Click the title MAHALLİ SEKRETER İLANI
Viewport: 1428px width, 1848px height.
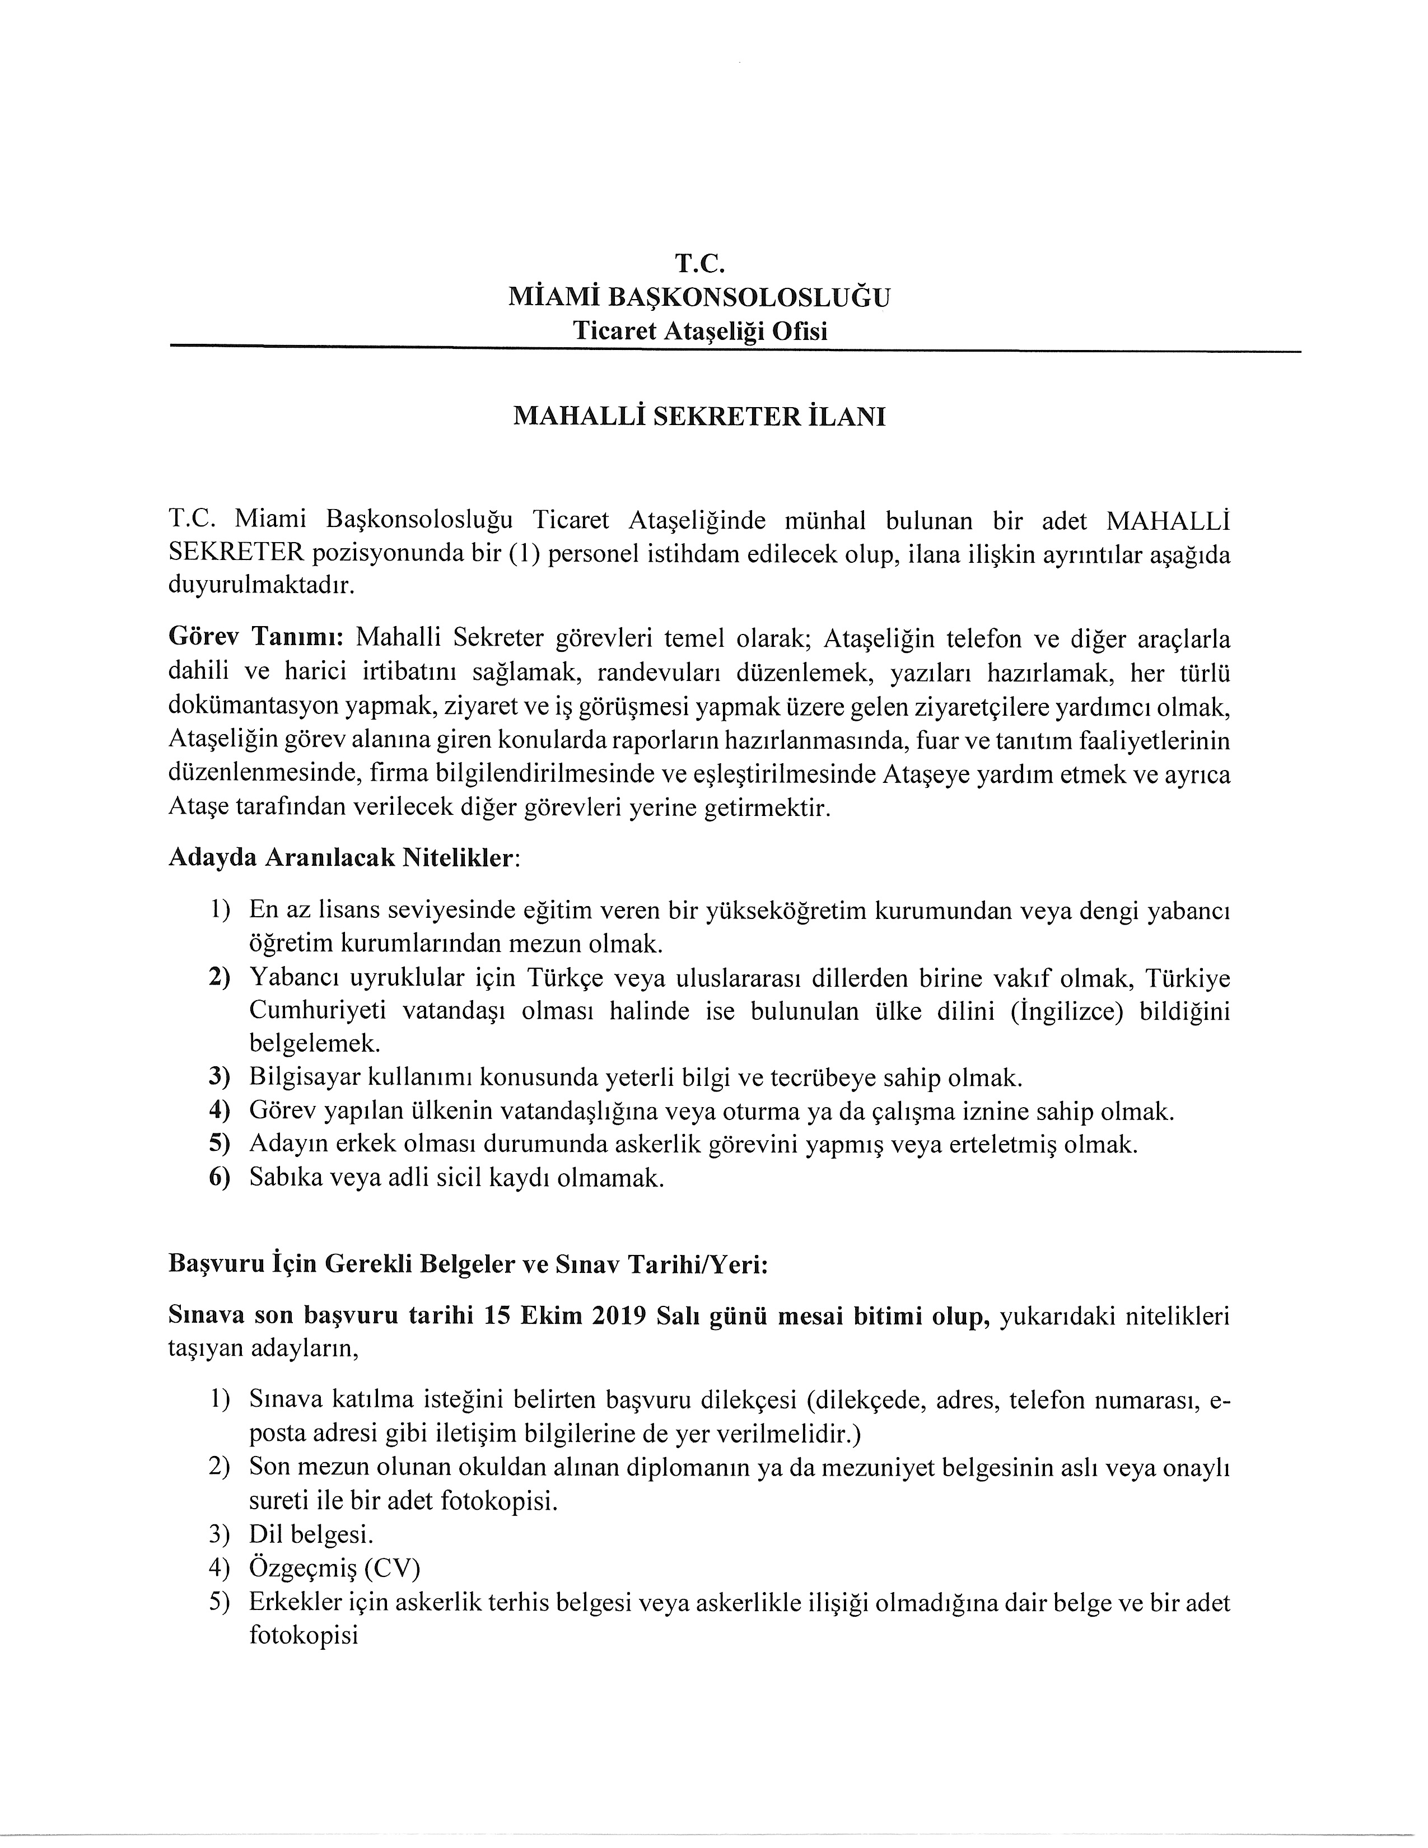(x=699, y=417)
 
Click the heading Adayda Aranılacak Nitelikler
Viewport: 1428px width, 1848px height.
(x=342, y=858)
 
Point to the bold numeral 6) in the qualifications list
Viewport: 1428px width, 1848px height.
(x=220, y=1179)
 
